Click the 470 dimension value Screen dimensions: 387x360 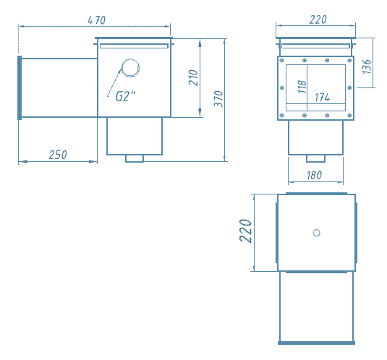[x=97, y=20]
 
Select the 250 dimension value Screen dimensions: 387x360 [x=58, y=155]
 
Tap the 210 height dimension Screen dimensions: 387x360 [x=193, y=77]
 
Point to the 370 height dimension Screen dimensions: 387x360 [x=218, y=99]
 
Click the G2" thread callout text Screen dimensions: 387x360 [x=126, y=96]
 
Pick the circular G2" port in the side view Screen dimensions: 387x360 [x=130, y=68]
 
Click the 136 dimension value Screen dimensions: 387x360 [x=367, y=67]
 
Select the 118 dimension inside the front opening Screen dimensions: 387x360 [x=302, y=87]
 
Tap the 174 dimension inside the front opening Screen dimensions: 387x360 [x=323, y=98]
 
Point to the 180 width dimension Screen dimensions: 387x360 [x=315, y=176]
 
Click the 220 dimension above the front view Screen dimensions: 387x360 [x=318, y=20]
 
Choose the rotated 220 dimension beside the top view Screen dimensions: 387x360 [x=245, y=231]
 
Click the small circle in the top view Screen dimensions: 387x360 [x=316, y=233]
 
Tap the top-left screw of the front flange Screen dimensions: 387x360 [x=282, y=61]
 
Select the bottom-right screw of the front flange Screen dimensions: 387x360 [x=349, y=115]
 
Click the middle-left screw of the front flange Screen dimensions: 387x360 [x=282, y=87]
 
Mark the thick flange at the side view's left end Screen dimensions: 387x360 [x=20, y=87]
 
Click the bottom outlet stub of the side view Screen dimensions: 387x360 [x=135, y=158]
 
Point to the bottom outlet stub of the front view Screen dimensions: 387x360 [x=315, y=158]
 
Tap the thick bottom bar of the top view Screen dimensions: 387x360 [x=316, y=343]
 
